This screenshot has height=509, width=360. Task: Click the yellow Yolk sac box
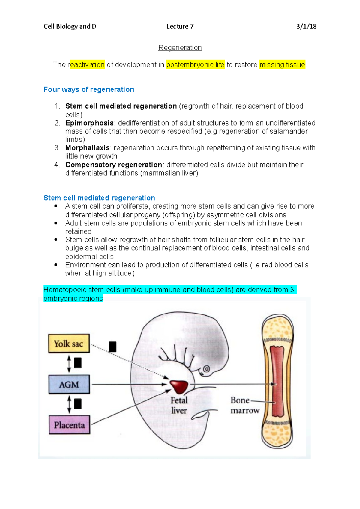[69, 343]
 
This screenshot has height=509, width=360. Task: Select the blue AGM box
[69, 384]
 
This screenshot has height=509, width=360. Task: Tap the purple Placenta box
[69, 425]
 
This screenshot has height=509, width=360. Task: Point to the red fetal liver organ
[179, 386]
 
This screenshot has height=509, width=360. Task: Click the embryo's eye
[206, 369]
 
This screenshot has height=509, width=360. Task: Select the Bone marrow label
[245, 405]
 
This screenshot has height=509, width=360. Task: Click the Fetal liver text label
[179, 405]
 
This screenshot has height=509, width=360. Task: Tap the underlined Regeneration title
[180, 48]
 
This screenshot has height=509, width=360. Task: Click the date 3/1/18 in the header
[306, 26]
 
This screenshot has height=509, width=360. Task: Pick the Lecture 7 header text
[180, 26]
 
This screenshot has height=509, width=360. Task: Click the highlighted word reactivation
[87, 64]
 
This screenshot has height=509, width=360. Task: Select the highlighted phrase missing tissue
[282, 64]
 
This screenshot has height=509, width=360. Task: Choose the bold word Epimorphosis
[89, 123]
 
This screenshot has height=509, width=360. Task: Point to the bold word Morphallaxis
[88, 148]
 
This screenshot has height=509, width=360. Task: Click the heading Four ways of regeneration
[89, 89]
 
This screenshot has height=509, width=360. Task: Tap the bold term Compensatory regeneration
[114, 165]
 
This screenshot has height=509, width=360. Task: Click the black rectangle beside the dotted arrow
[112, 347]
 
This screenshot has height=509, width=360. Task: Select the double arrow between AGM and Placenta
[69, 404]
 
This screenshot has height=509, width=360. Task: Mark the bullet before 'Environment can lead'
[56, 265]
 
